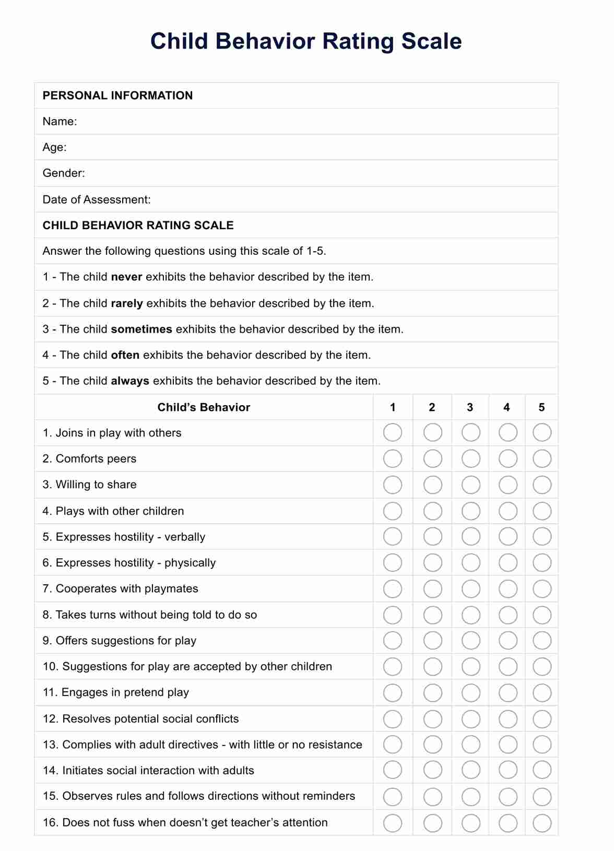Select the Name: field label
pos(60,122)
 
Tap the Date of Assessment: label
pos(97,199)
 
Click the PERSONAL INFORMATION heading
pos(117,96)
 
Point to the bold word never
pos(127,277)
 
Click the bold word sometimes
pos(141,329)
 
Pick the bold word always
pos(130,381)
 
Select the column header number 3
pos(470,408)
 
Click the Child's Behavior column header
pos(204,408)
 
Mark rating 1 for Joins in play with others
pos(393,433)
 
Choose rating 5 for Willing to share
pos(542,485)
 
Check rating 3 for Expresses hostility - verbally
pos(471,537)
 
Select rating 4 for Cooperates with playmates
pos(508,589)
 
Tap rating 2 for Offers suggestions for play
pos(433,641)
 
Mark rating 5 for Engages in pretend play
pos(542,693)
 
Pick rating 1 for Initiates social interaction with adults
pos(393,770)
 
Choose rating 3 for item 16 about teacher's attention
pos(471,823)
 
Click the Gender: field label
pos(64,173)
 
